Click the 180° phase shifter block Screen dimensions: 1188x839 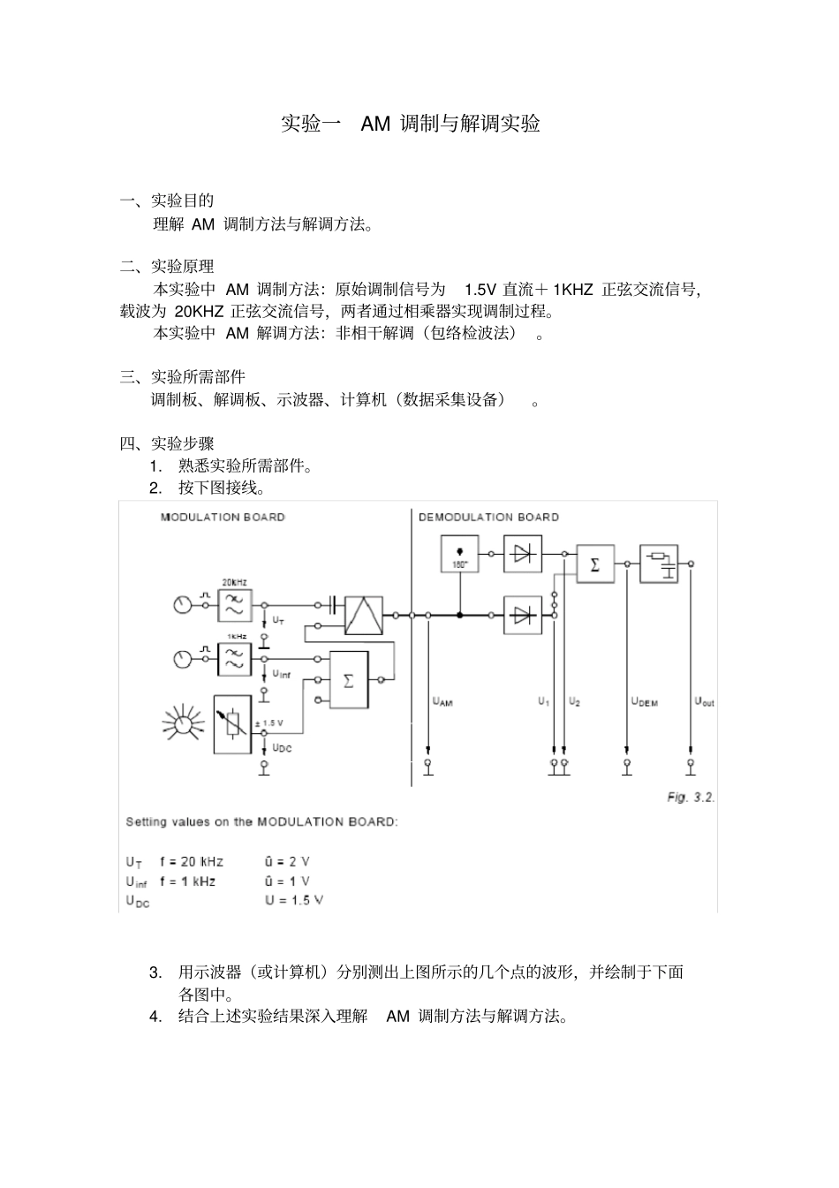point(459,554)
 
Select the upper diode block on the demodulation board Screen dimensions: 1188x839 point(523,554)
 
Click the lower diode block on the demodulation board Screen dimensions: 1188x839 point(523,615)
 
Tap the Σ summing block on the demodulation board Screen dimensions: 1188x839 point(595,564)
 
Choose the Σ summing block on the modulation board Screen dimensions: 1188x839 point(348,680)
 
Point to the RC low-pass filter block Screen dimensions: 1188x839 point(659,564)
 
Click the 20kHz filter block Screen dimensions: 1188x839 point(235,605)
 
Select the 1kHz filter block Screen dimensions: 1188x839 point(235,659)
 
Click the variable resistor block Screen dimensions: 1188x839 point(233,724)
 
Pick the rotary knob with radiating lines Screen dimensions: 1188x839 point(183,724)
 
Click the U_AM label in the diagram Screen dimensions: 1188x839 point(442,702)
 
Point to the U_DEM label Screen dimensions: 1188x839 point(645,702)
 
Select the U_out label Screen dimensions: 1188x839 point(704,702)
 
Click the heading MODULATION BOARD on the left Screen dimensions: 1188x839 point(223,517)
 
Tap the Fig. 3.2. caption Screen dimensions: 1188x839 point(691,797)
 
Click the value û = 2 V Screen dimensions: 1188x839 point(287,861)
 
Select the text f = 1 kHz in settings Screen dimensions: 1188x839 point(187,881)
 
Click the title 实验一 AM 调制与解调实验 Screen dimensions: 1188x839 point(410,124)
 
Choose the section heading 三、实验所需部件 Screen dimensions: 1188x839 point(183,377)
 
